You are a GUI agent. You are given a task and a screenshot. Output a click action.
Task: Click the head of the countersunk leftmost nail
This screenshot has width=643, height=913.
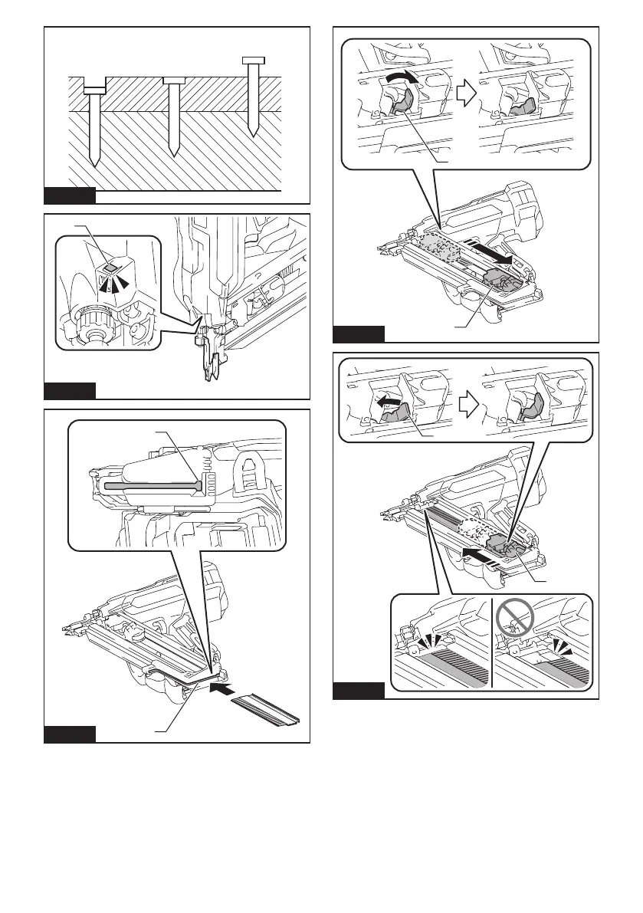point(94,90)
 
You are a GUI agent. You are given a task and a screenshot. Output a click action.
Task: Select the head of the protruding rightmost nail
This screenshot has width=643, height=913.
point(252,61)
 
